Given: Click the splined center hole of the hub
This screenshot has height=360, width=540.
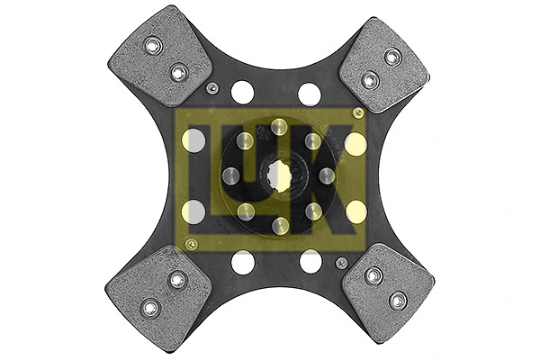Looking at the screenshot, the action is point(279,176).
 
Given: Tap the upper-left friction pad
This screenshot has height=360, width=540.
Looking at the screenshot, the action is point(160,56).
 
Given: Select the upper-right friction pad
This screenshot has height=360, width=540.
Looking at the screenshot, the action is point(384,65).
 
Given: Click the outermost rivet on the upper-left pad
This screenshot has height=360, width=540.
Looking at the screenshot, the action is point(153,45).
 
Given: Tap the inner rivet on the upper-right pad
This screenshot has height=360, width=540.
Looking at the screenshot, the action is point(371,80).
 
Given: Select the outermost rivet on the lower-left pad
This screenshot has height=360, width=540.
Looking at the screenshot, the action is point(150,308).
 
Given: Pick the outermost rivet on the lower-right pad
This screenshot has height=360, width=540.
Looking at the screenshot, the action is point(398,301).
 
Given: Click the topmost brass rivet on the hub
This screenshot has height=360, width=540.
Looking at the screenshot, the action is point(279,127).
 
